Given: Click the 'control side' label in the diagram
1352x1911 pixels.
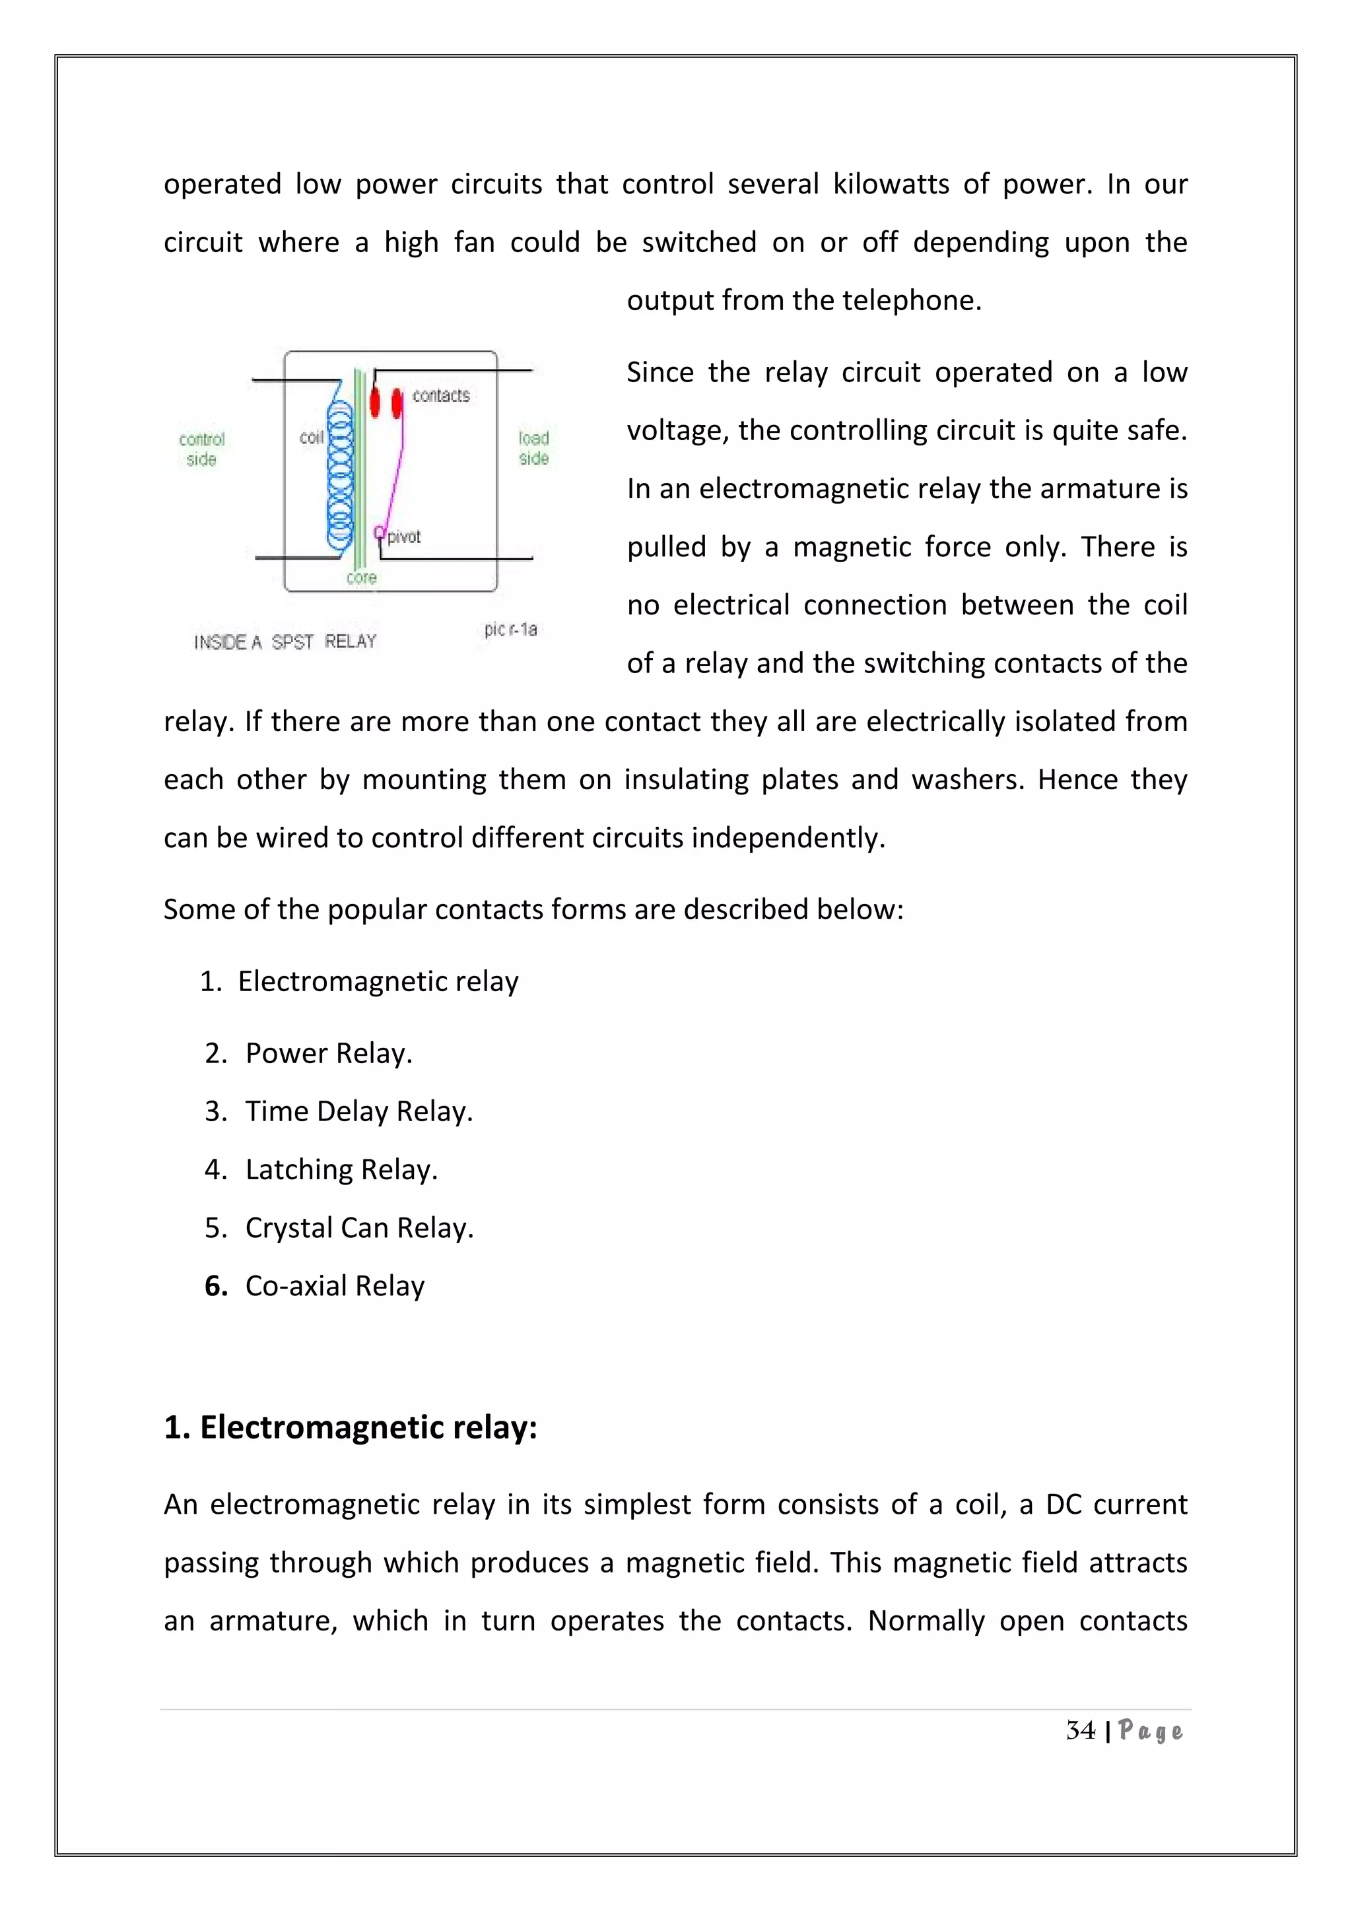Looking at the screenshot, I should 201,449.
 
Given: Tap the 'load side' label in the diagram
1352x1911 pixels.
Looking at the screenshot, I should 533,448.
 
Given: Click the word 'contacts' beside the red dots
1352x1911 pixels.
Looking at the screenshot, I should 441,395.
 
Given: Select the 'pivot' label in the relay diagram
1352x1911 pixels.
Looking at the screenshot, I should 405,537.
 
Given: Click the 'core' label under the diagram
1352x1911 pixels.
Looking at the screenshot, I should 361,577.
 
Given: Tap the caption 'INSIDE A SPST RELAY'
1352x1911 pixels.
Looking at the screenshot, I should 286,641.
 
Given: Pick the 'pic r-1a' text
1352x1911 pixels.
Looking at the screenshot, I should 510,630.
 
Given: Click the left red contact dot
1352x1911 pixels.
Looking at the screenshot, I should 374,402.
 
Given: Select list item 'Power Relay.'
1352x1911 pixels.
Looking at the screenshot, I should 329,1053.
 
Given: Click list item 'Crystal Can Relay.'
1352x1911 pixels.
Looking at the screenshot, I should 359,1227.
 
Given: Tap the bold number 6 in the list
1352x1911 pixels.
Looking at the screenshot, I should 216,1286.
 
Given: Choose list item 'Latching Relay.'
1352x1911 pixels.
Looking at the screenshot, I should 341,1169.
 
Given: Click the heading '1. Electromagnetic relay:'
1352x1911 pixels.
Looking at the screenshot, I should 351,1427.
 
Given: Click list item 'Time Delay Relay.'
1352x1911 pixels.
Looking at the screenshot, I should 359,1111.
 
